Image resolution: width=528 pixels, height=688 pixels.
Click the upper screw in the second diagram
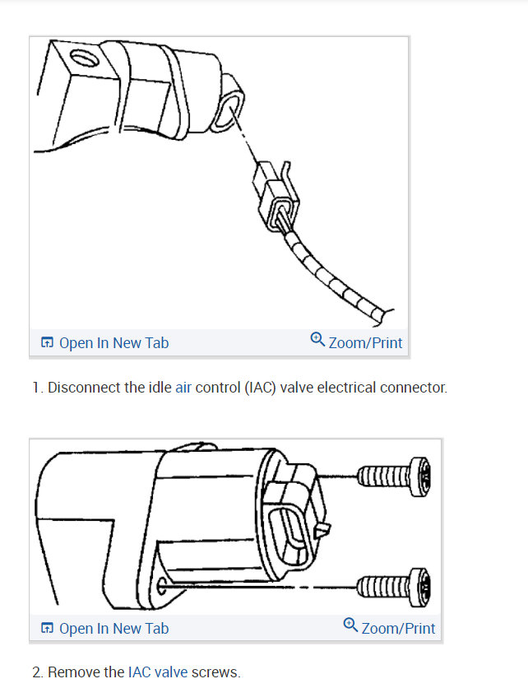pyautogui.click(x=394, y=476)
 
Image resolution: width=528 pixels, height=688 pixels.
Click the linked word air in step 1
pyautogui.click(x=183, y=388)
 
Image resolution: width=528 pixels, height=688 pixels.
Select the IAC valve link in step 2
pyautogui.click(x=157, y=672)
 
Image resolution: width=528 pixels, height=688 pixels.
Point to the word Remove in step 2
pyautogui.click(x=74, y=672)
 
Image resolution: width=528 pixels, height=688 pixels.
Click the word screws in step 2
pyautogui.click(x=215, y=672)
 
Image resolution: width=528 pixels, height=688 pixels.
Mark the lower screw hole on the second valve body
pyautogui.click(x=164, y=588)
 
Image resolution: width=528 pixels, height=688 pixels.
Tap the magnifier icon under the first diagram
pyautogui.click(x=317, y=339)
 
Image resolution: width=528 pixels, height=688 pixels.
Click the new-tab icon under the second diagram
pyautogui.click(x=48, y=629)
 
